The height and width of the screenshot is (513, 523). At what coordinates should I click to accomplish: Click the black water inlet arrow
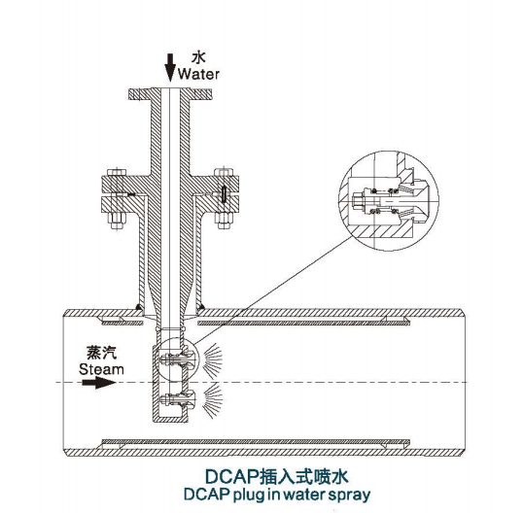(170, 67)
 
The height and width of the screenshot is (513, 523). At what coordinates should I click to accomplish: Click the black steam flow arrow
(99, 382)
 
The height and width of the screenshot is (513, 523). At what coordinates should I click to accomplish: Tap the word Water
(198, 74)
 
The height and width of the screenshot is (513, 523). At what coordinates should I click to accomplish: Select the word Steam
(101, 369)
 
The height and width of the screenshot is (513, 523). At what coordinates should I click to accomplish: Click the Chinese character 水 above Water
(198, 57)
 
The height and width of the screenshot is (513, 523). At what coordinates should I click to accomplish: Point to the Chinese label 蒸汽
(102, 353)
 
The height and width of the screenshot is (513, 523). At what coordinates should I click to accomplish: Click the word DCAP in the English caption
(206, 494)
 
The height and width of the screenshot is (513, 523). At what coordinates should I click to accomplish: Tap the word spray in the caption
(349, 495)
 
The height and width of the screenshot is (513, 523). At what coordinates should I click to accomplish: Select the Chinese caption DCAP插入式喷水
(276, 477)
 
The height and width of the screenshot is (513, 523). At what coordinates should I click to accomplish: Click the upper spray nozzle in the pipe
(177, 359)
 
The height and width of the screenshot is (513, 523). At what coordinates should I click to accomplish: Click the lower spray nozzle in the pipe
(177, 399)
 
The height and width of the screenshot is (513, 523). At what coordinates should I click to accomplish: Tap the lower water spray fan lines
(213, 399)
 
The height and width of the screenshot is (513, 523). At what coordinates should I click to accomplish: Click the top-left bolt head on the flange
(117, 172)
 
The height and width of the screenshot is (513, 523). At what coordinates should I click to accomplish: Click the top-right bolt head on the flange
(224, 172)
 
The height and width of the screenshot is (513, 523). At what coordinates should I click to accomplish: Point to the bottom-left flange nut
(117, 220)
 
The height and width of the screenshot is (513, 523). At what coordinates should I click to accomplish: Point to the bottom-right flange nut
(224, 220)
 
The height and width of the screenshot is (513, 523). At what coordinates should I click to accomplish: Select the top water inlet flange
(170, 93)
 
